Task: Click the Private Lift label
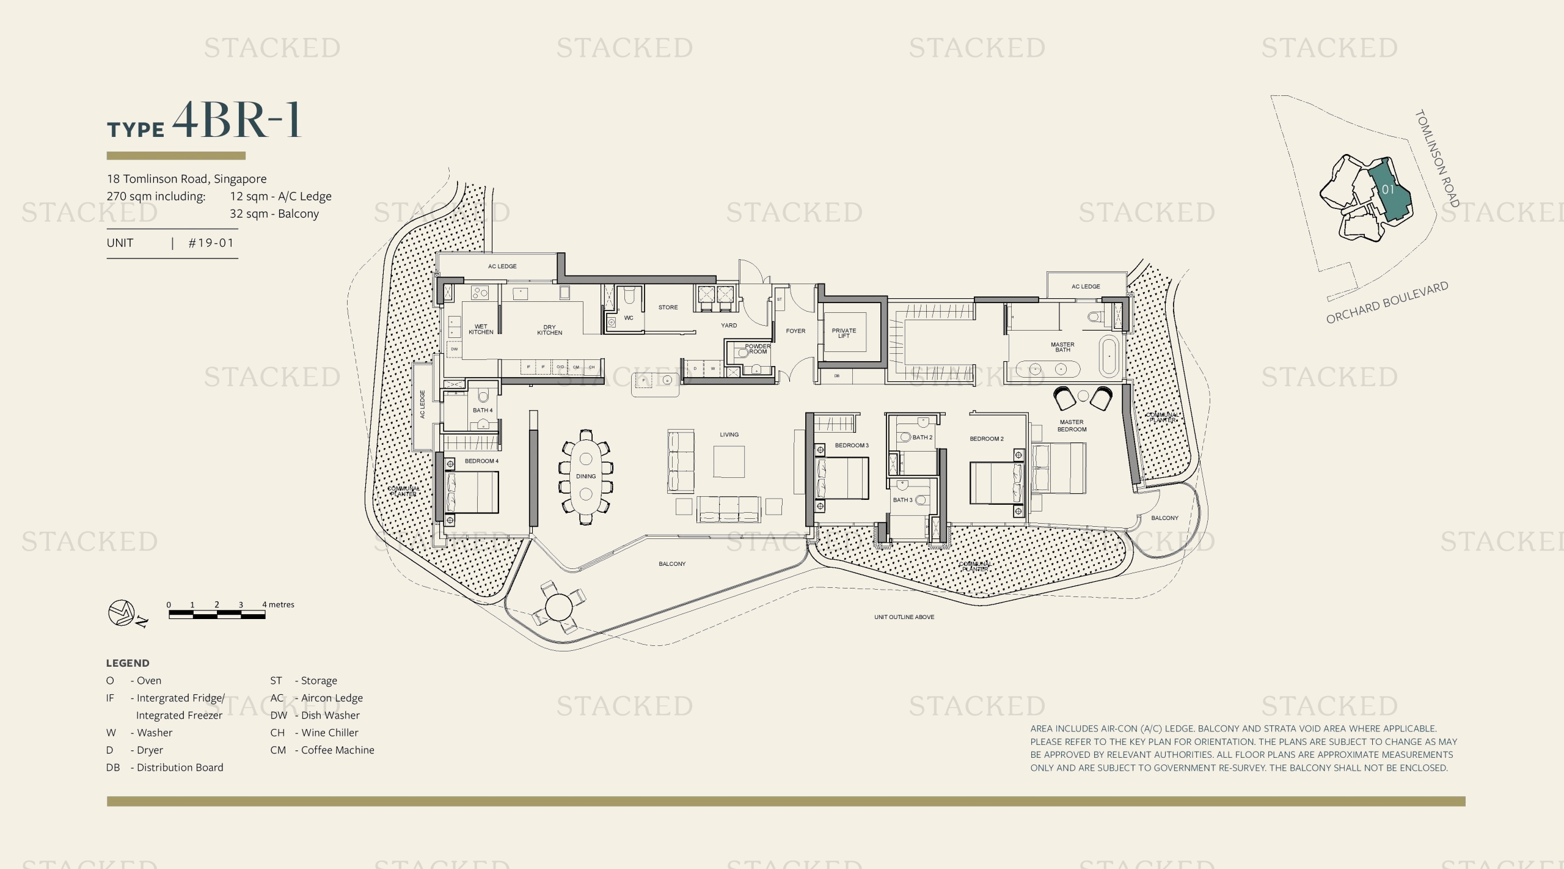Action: (844, 333)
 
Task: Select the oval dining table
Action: (585, 476)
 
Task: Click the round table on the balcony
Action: (557, 607)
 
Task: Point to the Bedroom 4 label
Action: (481, 461)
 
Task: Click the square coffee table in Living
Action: (729, 461)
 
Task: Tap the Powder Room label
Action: (758, 349)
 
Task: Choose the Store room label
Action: (668, 307)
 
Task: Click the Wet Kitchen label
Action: (481, 329)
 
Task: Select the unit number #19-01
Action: (211, 243)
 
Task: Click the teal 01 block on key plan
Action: (1388, 189)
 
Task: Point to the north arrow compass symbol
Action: (122, 613)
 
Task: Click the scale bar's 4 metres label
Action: (278, 604)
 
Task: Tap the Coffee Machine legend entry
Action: (323, 750)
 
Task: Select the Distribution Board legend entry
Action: (165, 768)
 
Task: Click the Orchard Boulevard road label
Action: (1387, 302)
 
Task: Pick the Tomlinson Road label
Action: (1437, 158)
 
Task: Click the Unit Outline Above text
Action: (904, 617)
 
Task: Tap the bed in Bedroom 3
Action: (843, 479)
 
